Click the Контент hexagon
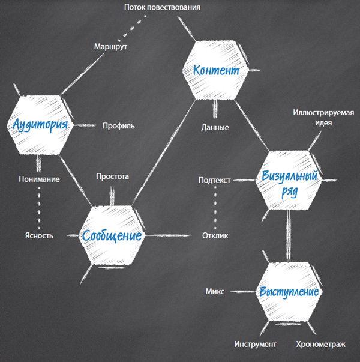click(215, 70)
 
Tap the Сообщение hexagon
click(112, 235)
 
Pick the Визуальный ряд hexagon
click(290, 181)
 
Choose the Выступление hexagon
click(289, 292)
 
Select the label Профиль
click(118, 126)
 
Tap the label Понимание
click(39, 179)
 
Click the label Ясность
click(39, 235)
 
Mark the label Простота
click(113, 176)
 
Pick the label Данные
click(215, 127)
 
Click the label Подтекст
click(215, 179)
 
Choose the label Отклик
click(215, 235)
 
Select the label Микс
click(215, 291)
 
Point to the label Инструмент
click(255, 344)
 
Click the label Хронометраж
click(320, 344)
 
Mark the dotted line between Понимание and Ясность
click(39, 207)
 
